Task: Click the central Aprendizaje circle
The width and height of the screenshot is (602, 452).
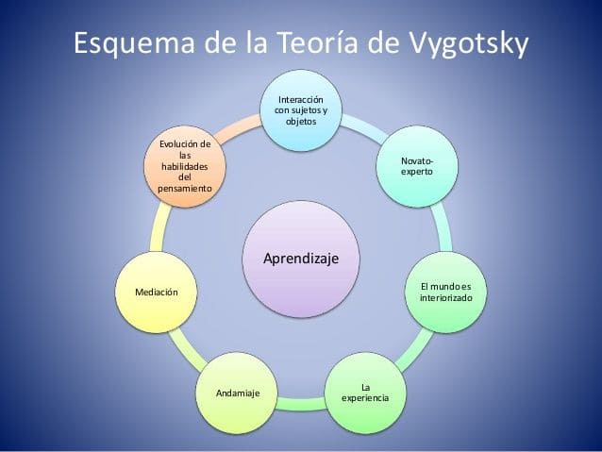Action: [x=301, y=258]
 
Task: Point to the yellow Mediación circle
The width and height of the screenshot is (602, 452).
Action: [x=156, y=293]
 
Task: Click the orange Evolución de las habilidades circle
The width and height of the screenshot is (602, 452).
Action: [x=185, y=166]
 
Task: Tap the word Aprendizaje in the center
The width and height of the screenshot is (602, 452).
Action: [x=301, y=258]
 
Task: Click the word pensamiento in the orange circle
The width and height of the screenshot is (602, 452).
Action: [x=185, y=189]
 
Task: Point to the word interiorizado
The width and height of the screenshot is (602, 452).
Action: [x=445, y=297]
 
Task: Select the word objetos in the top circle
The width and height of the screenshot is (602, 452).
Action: [x=301, y=122]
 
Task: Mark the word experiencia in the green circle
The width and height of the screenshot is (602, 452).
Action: [x=364, y=398]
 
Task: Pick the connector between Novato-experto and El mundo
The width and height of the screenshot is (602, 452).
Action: [x=440, y=226]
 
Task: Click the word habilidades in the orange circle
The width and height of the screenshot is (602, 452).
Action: [x=185, y=166]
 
